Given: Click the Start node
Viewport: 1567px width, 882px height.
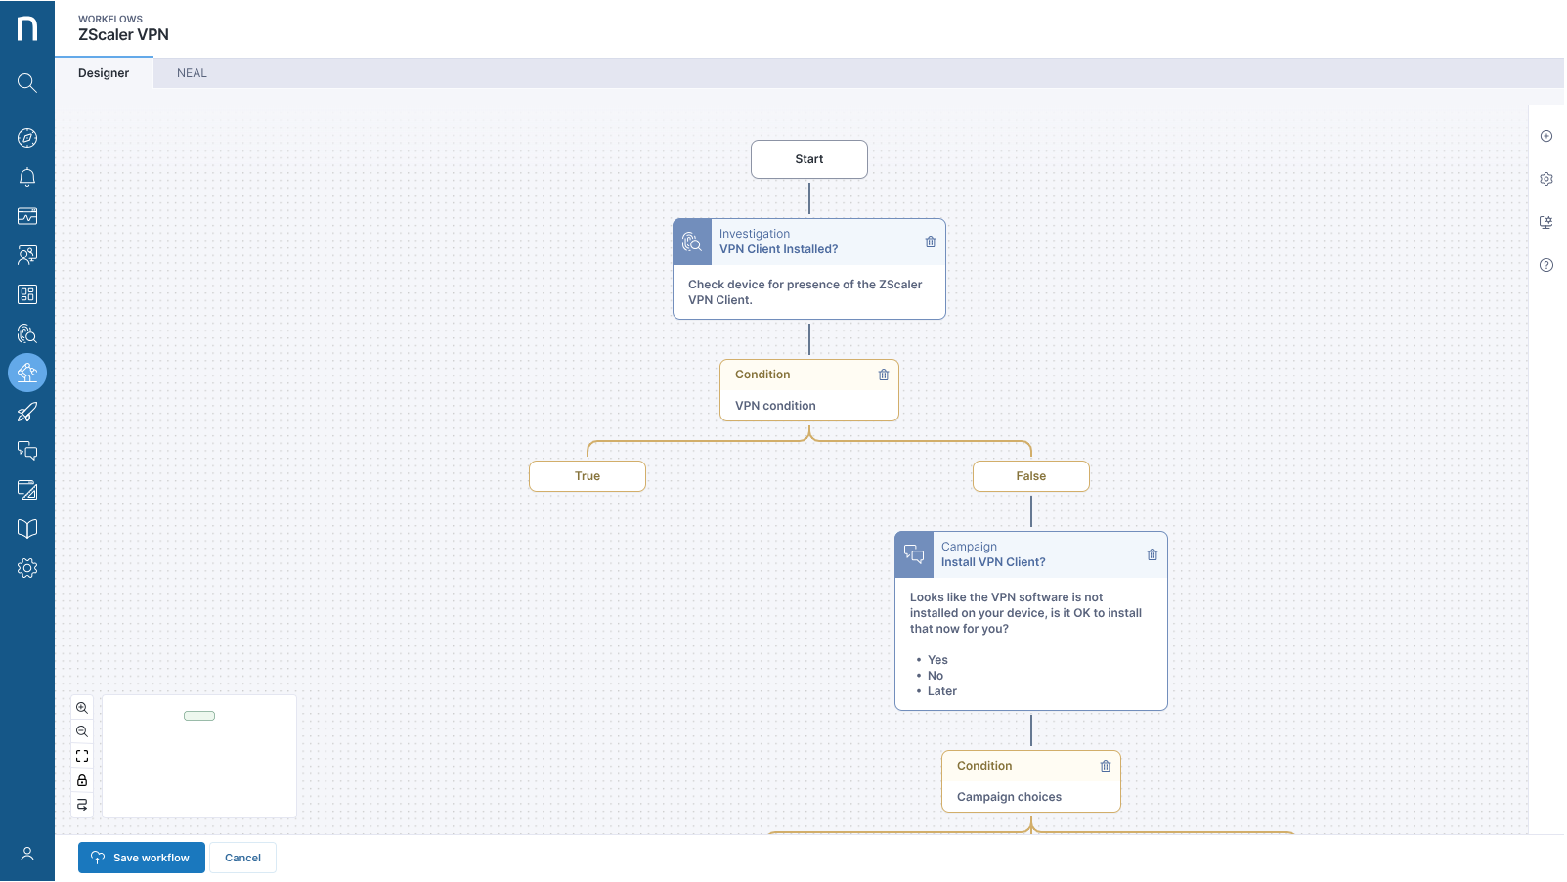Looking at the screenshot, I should point(808,159).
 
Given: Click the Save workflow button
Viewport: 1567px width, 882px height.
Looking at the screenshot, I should point(142,858).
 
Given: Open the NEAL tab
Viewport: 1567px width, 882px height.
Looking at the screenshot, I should point(192,73).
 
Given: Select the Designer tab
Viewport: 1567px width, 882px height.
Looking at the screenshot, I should point(104,73).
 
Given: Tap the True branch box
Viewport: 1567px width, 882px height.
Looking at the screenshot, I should point(587,476).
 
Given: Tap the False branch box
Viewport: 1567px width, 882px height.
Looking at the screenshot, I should point(1030,476).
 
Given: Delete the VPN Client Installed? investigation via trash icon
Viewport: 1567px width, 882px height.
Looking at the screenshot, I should point(930,242).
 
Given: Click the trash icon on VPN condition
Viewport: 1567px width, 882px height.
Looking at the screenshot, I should point(883,375).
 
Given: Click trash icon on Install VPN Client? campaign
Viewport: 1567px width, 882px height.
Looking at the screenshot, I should point(1152,554).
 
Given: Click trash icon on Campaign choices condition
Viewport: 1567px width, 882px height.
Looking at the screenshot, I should point(1105,766).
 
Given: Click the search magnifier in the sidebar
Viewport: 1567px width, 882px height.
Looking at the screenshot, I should point(27,83).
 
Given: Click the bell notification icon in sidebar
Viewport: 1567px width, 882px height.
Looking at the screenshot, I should point(27,177).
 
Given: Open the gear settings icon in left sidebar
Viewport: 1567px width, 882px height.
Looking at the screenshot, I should point(27,568).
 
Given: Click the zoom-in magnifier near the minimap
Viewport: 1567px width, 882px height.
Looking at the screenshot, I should point(82,708).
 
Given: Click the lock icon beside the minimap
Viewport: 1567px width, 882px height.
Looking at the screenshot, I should point(82,780).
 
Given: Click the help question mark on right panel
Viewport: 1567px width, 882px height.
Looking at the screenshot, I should point(1545,265).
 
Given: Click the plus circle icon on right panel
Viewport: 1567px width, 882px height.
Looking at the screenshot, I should point(1545,136).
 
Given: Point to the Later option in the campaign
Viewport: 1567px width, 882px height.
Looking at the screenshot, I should point(941,691).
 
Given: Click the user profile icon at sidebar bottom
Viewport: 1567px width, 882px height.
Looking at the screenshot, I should point(27,854).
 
